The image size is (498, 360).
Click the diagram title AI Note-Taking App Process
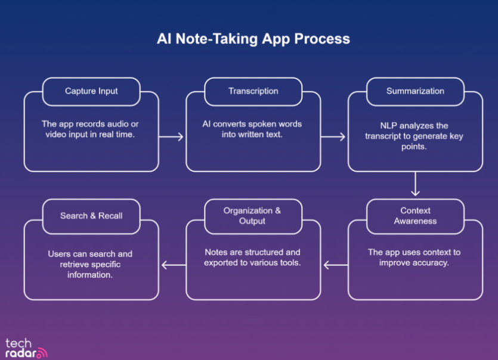coord(253,39)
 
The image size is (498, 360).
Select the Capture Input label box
coord(91,91)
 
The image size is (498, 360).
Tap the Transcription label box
coord(253,91)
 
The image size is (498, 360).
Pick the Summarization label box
coord(415,91)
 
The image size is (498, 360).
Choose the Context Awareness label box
coord(415,216)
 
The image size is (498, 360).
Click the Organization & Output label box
coord(253,216)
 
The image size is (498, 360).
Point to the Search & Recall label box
coord(91,216)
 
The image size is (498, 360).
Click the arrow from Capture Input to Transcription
coord(172,137)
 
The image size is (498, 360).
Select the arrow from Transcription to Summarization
coord(334,137)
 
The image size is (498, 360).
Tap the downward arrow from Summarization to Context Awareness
coord(416,185)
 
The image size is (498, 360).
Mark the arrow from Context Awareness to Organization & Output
coord(334,265)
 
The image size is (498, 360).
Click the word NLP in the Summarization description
coord(389,126)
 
